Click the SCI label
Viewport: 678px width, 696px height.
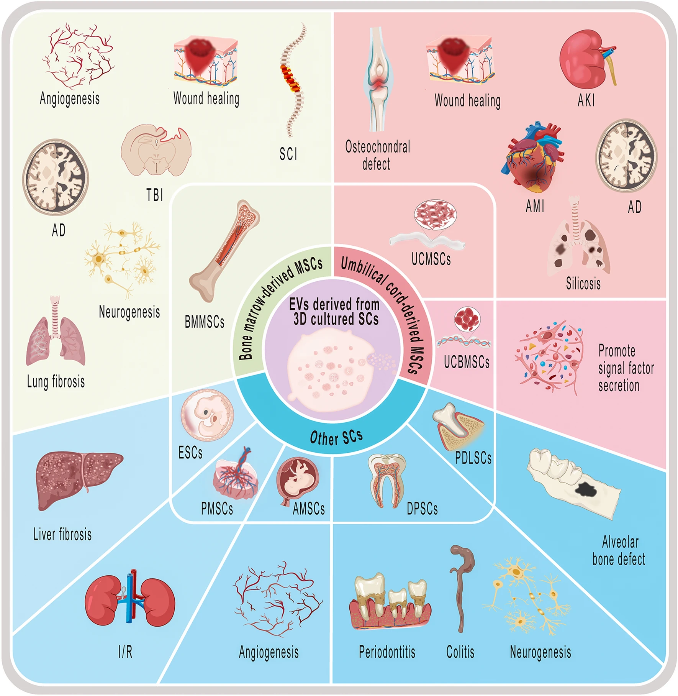288,154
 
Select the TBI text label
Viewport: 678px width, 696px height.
155,195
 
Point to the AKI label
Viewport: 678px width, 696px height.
586,101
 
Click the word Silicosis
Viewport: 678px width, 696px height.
583,284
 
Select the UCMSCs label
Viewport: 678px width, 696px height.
431,259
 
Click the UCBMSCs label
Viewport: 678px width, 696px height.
467,362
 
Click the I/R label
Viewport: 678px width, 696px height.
125,652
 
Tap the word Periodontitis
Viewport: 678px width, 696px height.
387,652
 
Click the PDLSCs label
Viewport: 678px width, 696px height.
473,458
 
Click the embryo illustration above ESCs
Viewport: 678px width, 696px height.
207,415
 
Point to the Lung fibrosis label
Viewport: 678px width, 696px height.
56,382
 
